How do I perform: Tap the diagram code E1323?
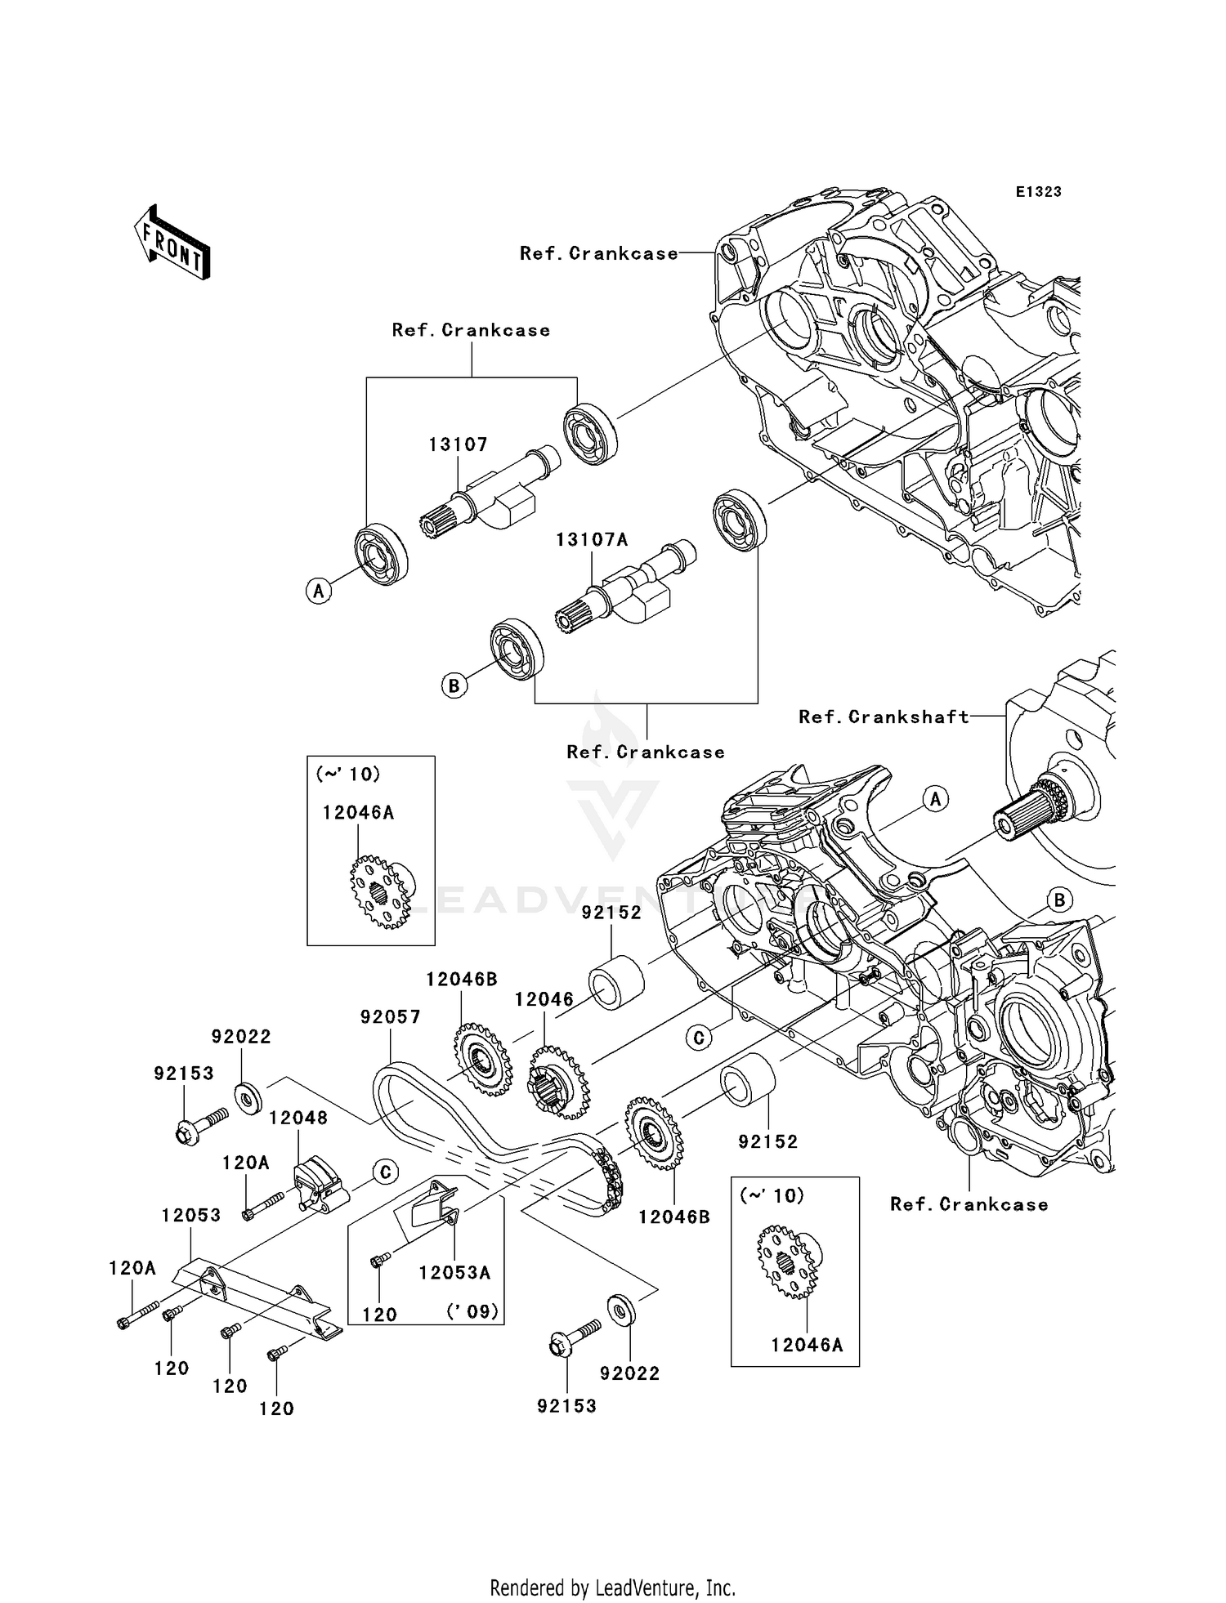[x=1038, y=191]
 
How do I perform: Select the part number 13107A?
[x=592, y=540]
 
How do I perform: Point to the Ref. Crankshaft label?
[x=884, y=717]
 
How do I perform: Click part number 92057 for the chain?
[x=391, y=1017]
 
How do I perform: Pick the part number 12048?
[x=298, y=1118]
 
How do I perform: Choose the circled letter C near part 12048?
[x=385, y=1172]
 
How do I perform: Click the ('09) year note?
[x=472, y=1311]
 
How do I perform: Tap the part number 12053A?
[x=454, y=1272]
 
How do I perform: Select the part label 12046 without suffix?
[x=544, y=999]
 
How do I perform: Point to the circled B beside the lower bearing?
[x=454, y=685]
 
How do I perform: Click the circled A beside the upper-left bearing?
[x=319, y=590]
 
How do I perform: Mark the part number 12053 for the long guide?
[x=190, y=1215]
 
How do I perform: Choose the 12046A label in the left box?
[x=358, y=812]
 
